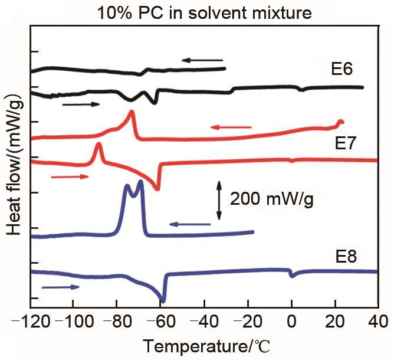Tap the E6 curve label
point(342,69)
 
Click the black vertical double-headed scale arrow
point(218,199)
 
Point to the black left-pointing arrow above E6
point(202,60)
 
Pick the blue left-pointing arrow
point(190,224)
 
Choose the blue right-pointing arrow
point(61,287)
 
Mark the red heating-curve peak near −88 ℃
point(98,145)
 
